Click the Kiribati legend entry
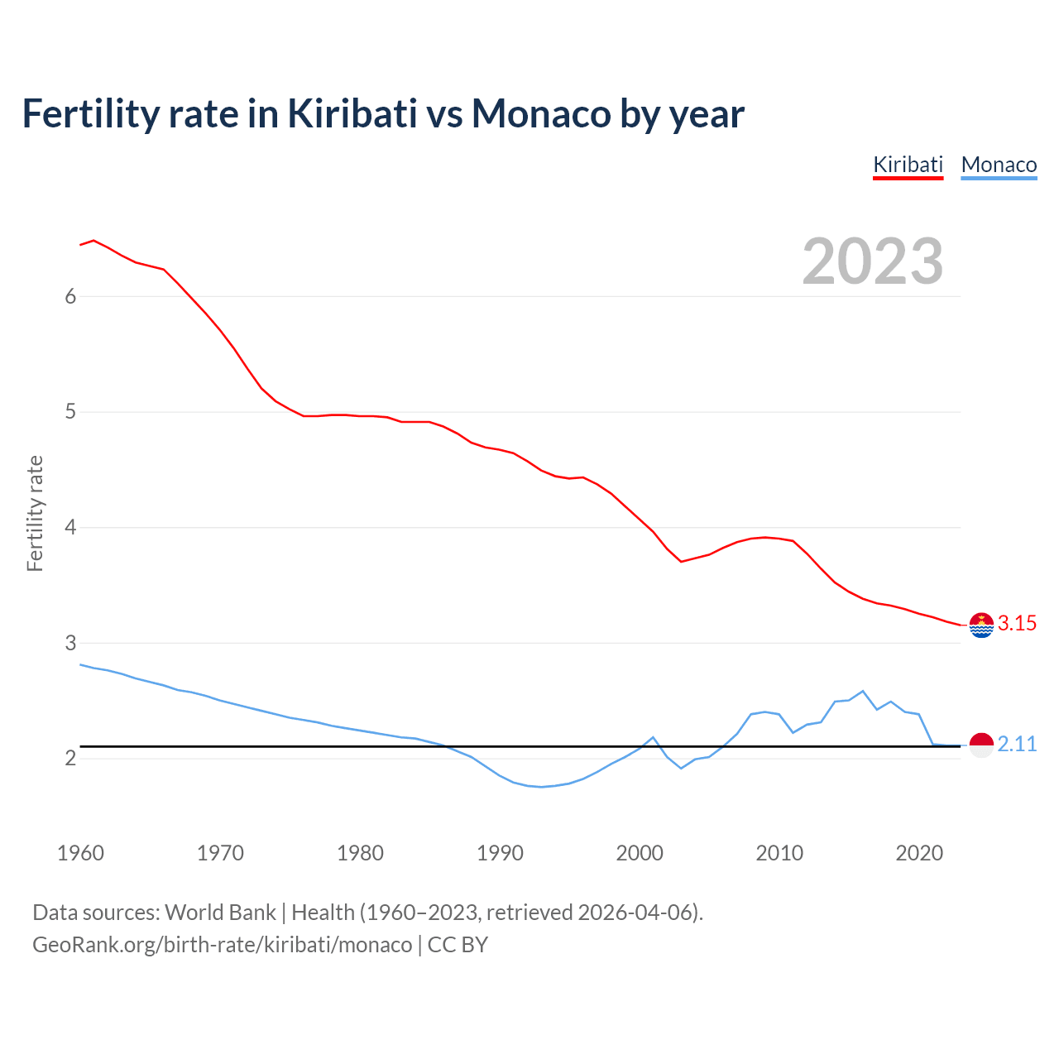tap(908, 165)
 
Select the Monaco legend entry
tap(999, 165)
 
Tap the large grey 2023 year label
tap(873, 261)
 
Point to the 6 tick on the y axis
tap(70, 296)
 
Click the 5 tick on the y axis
tap(70, 412)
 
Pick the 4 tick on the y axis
tap(70, 527)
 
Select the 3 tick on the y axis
tap(70, 643)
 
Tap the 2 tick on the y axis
tap(70, 758)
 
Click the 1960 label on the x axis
tap(80, 853)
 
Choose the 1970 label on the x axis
tap(220, 853)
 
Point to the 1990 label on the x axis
tap(500, 853)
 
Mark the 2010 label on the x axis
tap(779, 853)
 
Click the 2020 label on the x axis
tap(919, 853)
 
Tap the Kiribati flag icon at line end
tap(981, 625)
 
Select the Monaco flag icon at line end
tap(981, 745)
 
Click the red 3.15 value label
tap(1017, 624)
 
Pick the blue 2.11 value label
tap(1017, 745)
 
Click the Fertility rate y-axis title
tap(35, 513)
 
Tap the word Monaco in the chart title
tap(541, 114)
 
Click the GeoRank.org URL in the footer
tap(222, 945)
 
